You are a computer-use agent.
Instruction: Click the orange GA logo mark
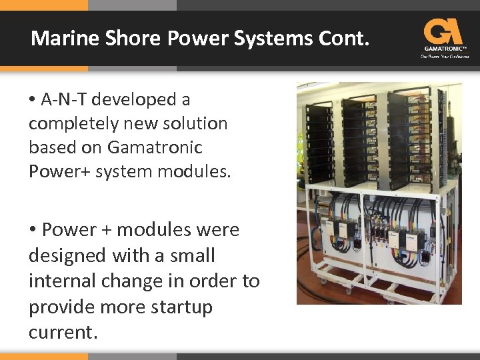click(443, 31)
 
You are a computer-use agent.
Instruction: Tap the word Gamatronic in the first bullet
click(154, 147)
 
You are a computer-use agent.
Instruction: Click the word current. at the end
click(63, 333)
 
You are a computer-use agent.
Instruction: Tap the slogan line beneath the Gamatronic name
click(445, 56)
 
